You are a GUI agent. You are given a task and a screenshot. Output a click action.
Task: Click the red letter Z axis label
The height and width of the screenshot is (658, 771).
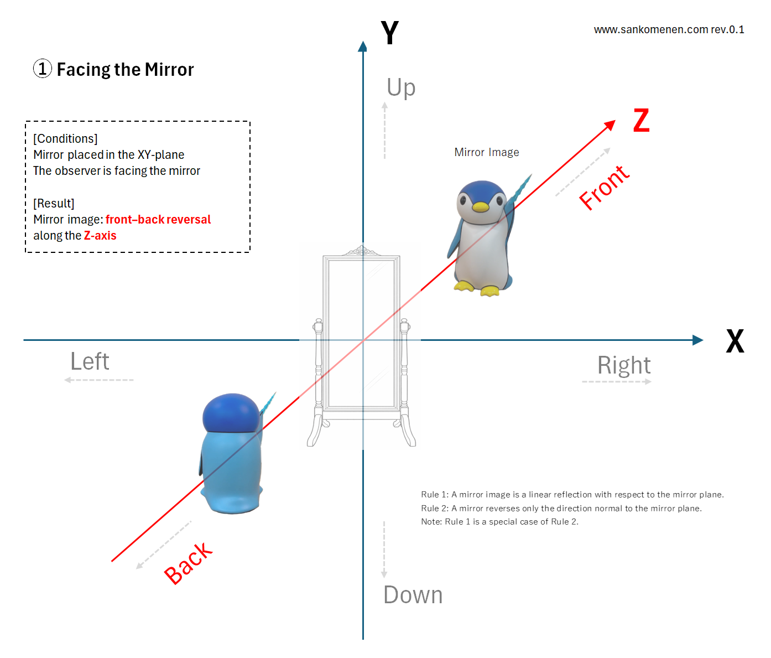[641, 120]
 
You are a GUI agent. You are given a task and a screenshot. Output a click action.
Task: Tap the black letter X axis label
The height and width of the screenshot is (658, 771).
[734, 341]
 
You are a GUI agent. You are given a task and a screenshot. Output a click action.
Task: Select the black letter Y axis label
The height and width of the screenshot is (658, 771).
[389, 33]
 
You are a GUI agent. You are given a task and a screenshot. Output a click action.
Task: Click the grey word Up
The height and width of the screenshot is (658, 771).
[401, 88]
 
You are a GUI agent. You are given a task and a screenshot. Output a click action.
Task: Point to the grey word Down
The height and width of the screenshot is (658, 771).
[413, 595]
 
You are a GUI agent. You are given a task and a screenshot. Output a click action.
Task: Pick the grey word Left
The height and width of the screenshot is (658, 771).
[90, 361]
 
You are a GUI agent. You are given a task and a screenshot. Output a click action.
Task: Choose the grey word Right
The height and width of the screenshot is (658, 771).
[623, 365]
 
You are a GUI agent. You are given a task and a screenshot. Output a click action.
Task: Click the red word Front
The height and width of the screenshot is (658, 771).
[604, 188]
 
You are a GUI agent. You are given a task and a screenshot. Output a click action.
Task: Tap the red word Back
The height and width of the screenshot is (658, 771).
[188, 563]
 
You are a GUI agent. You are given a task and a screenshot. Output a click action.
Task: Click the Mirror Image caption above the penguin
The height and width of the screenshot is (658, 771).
[486, 152]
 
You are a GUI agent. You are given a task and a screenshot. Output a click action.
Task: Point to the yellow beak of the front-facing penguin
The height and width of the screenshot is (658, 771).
[480, 207]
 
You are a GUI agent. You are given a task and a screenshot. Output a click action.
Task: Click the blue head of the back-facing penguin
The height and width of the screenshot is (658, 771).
[231, 412]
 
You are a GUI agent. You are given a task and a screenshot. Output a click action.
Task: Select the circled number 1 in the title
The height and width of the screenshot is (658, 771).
[43, 69]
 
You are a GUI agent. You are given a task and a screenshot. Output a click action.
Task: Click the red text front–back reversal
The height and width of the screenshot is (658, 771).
[158, 220]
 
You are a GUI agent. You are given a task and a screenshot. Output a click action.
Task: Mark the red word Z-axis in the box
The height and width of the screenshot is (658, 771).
[100, 236]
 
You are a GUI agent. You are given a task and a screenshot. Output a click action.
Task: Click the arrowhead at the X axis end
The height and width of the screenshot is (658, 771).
[698, 340]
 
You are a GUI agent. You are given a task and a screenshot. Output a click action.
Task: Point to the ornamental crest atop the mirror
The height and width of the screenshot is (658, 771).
[362, 251]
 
